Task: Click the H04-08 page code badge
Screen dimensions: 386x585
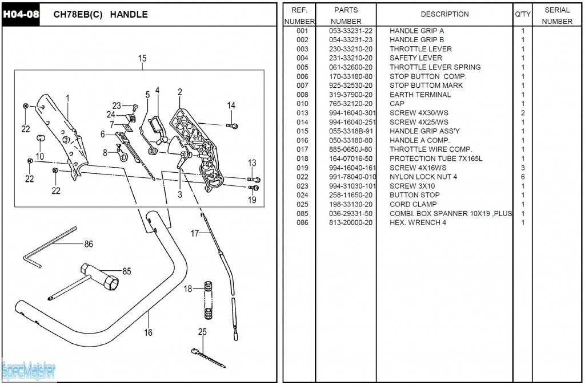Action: click(21, 14)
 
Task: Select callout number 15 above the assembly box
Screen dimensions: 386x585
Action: click(142, 58)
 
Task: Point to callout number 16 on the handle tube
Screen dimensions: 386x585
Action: click(148, 332)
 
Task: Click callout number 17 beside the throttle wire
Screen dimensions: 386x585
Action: click(194, 233)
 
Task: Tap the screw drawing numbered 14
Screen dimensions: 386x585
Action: click(232, 125)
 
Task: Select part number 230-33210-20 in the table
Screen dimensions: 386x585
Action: click(351, 49)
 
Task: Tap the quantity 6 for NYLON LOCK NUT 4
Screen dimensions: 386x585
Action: click(522, 177)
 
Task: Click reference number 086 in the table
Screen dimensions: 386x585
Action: click(302, 222)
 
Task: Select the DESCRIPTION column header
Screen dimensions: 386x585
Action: click(444, 14)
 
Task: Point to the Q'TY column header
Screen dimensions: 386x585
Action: click(522, 14)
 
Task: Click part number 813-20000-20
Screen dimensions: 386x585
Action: click(351, 222)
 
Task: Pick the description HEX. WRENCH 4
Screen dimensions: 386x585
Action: click(418, 222)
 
